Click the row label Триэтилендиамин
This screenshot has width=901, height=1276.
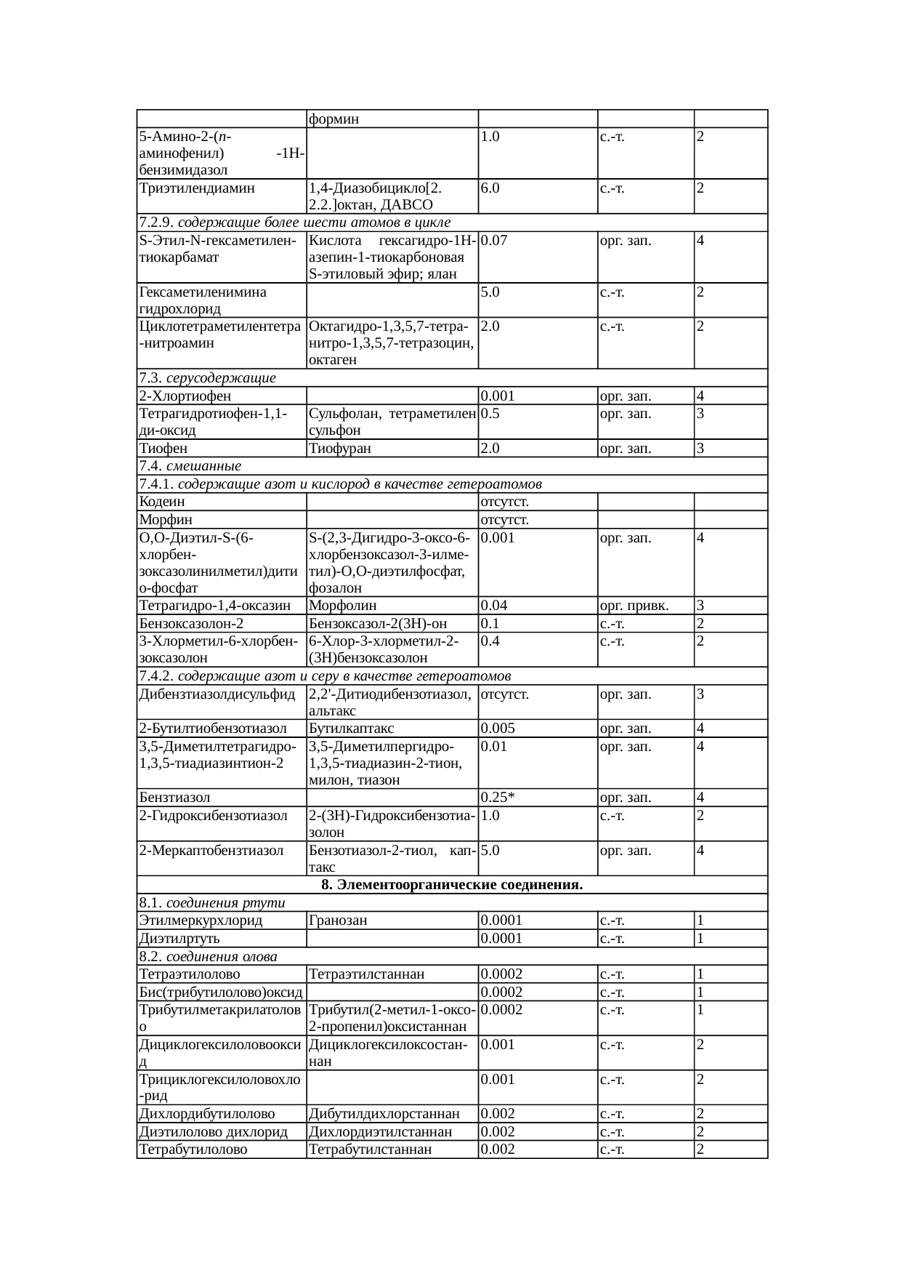(196, 188)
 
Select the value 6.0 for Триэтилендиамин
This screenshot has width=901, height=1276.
(490, 188)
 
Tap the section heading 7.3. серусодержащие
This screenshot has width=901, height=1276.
(207, 378)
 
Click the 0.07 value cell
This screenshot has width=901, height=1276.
(494, 241)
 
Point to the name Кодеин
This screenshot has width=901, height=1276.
(161, 502)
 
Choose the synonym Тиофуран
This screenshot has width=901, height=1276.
(339, 449)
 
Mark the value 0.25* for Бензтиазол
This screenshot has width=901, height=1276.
(498, 798)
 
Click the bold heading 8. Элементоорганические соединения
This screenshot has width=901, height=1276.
(452, 886)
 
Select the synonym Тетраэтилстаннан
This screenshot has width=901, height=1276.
(366, 974)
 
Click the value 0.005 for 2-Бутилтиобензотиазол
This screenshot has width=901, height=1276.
(498, 729)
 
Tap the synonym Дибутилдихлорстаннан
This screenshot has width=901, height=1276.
(384, 1114)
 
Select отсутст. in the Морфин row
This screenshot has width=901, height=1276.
(504, 520)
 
